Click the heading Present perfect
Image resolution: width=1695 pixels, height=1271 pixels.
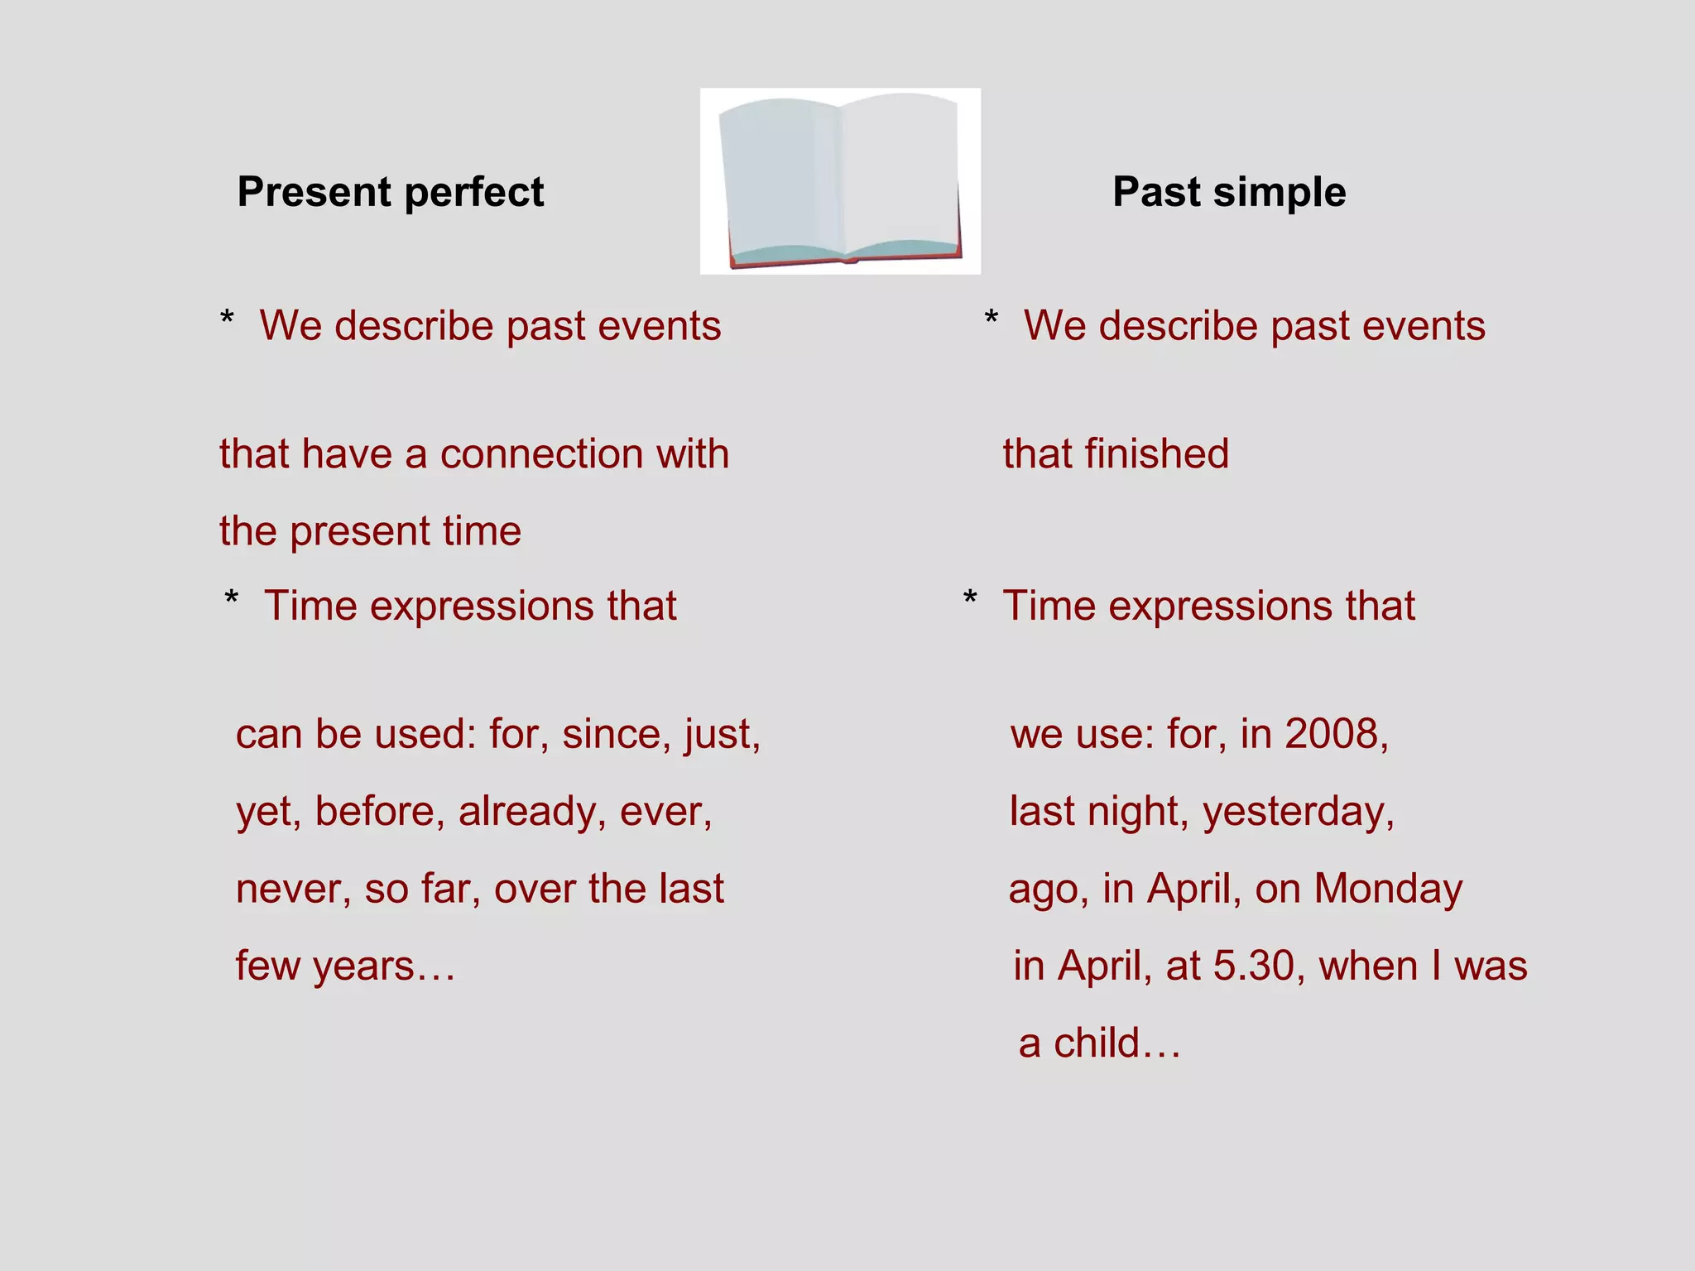click(390, 192)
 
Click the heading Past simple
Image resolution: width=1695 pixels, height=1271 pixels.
click(1229, 192)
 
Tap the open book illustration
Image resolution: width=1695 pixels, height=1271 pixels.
click(840, 181)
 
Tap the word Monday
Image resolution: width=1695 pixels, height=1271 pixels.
click(1388, 889)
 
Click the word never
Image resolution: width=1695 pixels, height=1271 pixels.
click(287, 889)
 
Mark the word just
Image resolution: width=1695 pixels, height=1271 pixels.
click(718, 734)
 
